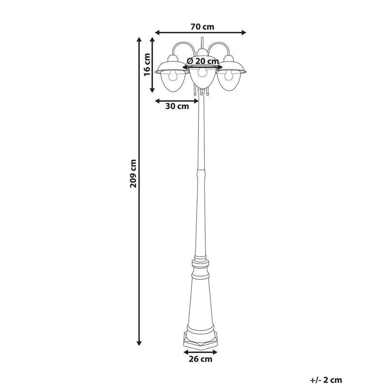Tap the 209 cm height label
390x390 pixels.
coord(134,174)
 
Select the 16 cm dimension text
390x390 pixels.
coord(147,64)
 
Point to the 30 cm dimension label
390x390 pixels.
coord(177,106)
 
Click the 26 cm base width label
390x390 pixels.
coord(200,360)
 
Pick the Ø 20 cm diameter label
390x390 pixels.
coord(202,61)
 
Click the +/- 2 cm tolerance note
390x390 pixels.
coord(326,380)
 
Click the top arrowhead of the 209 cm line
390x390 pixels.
coord(139,39)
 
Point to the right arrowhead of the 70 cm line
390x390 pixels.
coord(245,32)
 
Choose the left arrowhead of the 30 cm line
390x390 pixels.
coord(157,101)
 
